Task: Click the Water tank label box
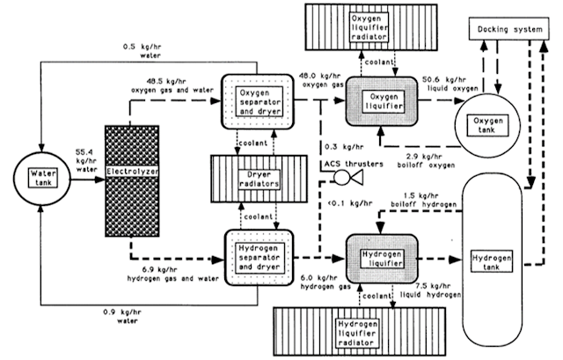click(43, 178)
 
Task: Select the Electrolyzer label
click(132, 172)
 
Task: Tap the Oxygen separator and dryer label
click(260, 102)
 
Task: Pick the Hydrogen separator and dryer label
click(260, 257)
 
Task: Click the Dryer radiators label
click(259, 180)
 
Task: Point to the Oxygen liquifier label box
click(384, 102)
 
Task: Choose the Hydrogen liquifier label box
click(382, 259)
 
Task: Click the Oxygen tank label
click(487, 125)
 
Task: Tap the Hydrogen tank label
click(492, 262)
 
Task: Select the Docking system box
click(509, 28)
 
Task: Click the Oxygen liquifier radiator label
click(369, 27)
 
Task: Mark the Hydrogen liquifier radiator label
click(357, 333)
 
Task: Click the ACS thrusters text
click(354, 165)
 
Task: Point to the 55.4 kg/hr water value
click(86, 160)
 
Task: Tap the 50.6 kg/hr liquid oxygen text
click(452, 84)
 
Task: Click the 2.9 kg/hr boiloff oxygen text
click(426, 161)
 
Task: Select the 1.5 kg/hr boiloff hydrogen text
click(424, 200)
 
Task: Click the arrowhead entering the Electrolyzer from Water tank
click(99, 180)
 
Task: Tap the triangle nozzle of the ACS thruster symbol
click(357, 177)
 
